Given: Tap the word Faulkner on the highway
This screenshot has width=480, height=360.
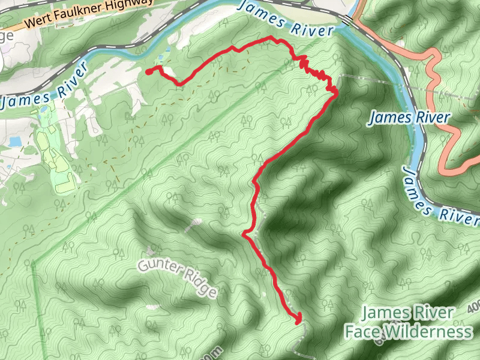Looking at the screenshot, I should [80, 16].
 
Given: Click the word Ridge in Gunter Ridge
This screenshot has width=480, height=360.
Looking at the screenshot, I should [202, 287].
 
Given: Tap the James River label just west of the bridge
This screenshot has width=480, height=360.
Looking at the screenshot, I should [285, 18].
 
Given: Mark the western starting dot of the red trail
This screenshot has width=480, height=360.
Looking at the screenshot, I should [148, 72].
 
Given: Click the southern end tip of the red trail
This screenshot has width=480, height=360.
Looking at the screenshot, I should [298, 320].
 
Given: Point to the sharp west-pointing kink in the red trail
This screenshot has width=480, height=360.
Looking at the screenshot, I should [244, 235].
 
